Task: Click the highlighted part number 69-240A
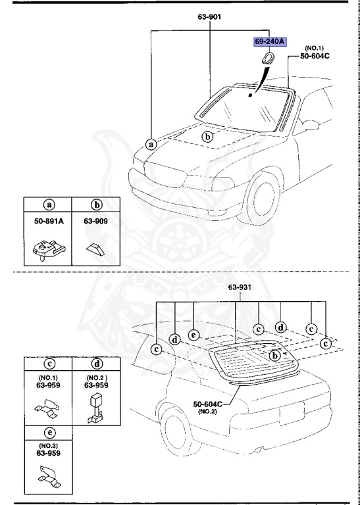[x=270, y=42]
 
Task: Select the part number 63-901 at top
[x=210, y=18]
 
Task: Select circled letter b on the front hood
[x=207, y=137]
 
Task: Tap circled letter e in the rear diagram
[x=193, y=334]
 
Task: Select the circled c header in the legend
[x=47, y=362]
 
